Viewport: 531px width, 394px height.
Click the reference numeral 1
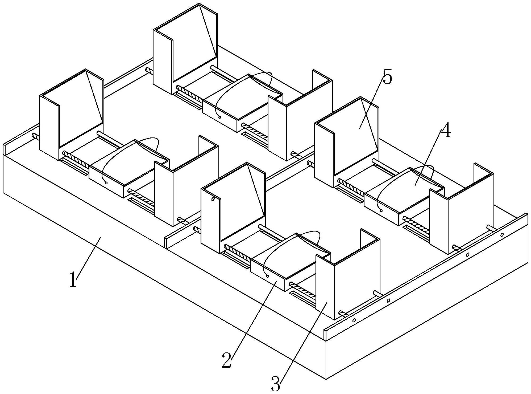pyautogui.click(x=73, y=279)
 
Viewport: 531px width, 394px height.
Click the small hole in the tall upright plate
pyautogui.click(x=213, y=199)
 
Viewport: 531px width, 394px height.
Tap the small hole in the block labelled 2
pyautogui.click(x=268, y=276)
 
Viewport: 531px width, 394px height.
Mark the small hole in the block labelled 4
pyautogui.click(x=381, y=210)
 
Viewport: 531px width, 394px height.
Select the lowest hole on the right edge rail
pyautogui.click(x=354, y=320)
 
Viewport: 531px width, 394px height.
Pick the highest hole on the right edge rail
pyautogui.click(x=502, y=235)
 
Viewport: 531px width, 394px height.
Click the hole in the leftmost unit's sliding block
pyautogui.click(x=106, y=183)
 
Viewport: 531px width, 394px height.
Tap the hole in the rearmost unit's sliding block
pyautogui.click(x=220, y=117)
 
